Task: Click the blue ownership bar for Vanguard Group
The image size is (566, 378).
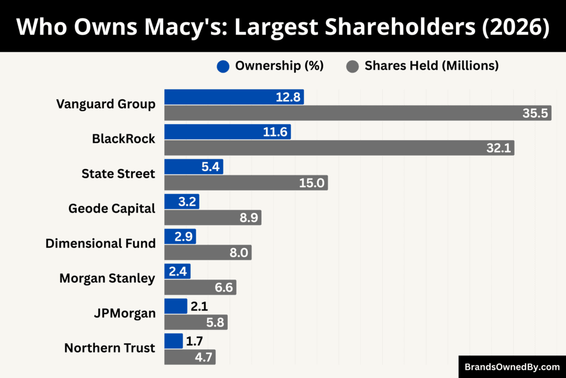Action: (x=234, y=97)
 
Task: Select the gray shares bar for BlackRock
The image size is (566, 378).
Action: (x=339, y=148)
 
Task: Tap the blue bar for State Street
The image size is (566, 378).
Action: (x=193, y=167)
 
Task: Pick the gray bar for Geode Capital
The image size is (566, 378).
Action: (x=213, y=218)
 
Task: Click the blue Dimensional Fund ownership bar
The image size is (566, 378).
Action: (x=180, y=237)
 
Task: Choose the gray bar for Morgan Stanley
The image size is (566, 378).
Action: (x=200, y=287)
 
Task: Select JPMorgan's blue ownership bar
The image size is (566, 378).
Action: (x=176, y=306)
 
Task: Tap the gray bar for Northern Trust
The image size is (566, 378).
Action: (x=190, y=357)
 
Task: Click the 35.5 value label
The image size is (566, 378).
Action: (x=534, y=113)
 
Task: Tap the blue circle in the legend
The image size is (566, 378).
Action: (x=223, y=66)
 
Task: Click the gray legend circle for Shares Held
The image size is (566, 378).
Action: (x=352, y=66)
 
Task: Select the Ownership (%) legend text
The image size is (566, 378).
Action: (x=279, y=66)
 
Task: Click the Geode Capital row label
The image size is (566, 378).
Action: (x=112, y=209)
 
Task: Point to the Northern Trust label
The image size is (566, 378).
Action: (x=109, y=348)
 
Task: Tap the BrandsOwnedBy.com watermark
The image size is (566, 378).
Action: (x=512, y=366)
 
